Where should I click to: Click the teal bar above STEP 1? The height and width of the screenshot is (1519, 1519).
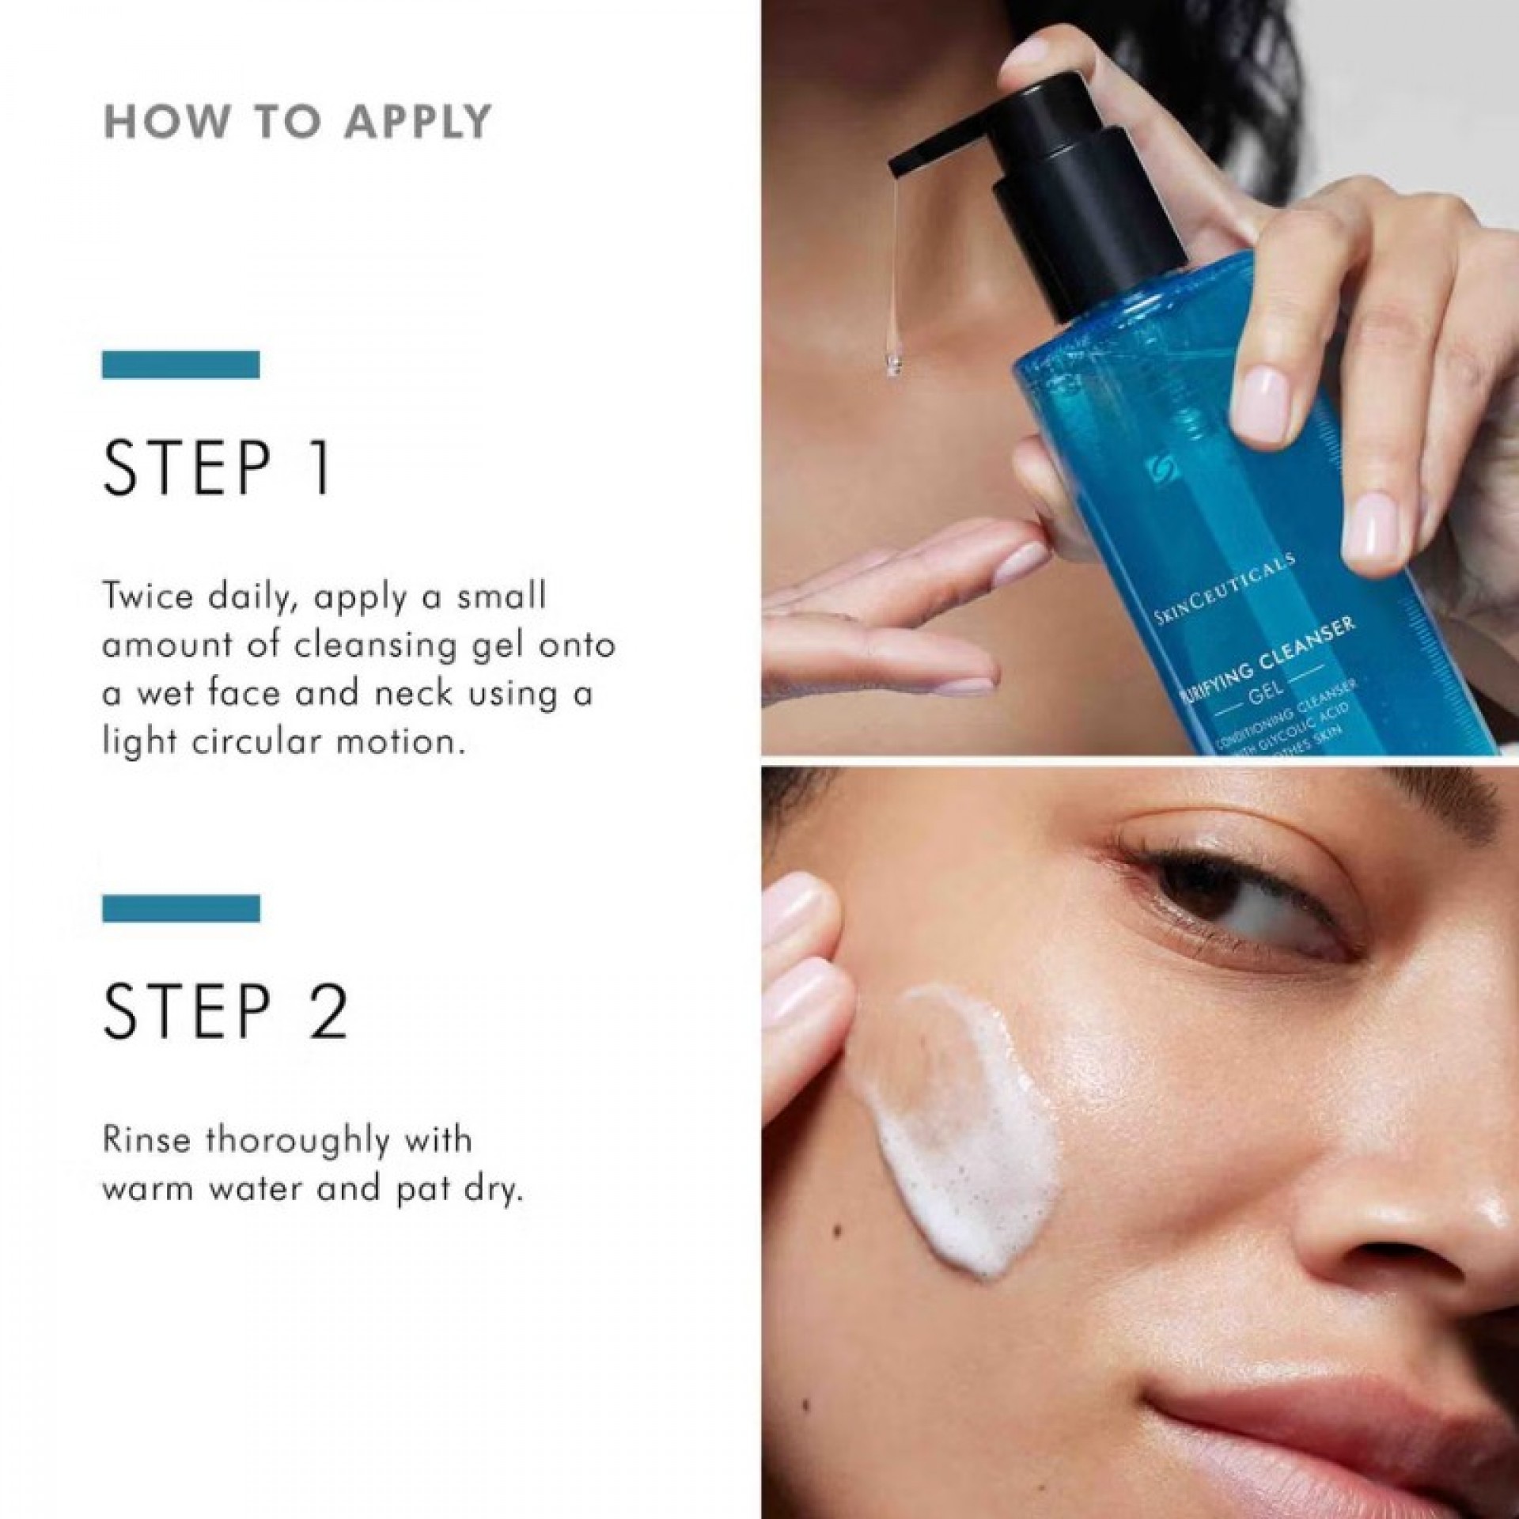(181, 364)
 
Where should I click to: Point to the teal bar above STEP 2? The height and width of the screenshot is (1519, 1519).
(181, 908)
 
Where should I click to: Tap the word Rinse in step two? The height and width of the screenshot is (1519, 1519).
(148, 1142)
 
